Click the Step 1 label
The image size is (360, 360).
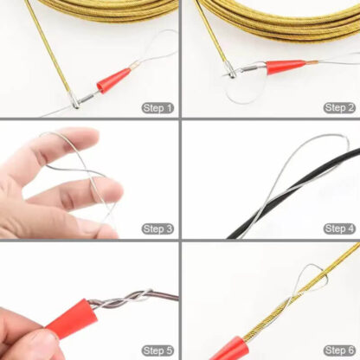(x=157, y=108)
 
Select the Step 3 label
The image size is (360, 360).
(x=157, y=228)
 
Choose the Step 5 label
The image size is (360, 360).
(x=157, y=350)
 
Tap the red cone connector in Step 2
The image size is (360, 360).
(x=286, y=67)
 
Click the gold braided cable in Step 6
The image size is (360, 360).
(x=286, y=303)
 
